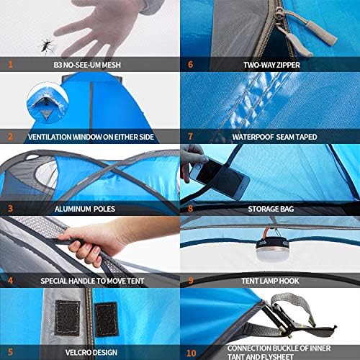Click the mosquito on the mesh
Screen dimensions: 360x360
click(46, 45)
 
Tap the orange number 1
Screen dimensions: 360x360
click(10, 65)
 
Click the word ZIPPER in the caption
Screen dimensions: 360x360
click(288, 65)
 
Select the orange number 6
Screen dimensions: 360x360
click(190, 65)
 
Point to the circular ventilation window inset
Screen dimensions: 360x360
click(48, 103)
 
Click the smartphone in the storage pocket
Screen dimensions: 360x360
click(220, 179)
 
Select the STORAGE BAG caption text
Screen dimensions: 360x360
click(271, 209)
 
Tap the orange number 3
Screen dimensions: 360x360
click(10, 209)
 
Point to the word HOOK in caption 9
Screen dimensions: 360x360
click(289, 281)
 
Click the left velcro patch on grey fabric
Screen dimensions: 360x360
click(67, 318)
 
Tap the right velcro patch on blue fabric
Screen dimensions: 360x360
click(106, 318)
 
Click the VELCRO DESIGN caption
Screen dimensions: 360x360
click(91, 352)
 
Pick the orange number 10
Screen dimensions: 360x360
click(192, 353)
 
